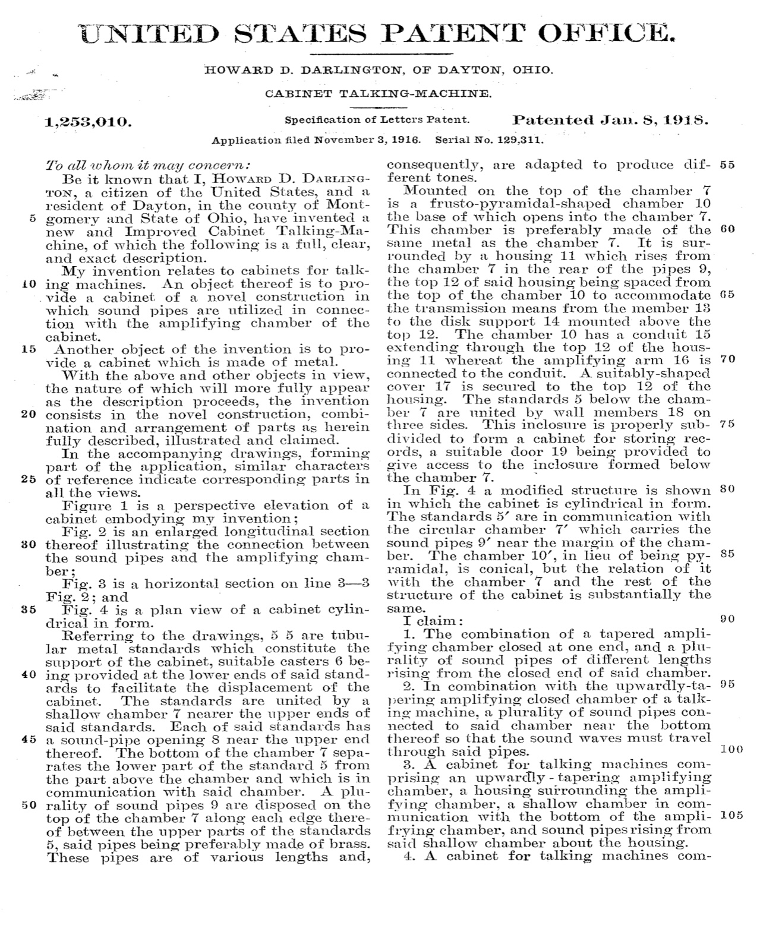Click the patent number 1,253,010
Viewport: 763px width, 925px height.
89,122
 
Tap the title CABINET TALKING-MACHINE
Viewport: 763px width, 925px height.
378,94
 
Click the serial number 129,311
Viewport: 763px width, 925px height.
520,141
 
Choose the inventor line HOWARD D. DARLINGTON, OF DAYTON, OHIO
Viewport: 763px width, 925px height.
379,70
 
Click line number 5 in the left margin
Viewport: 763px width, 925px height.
33,218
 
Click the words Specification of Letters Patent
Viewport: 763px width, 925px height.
377,119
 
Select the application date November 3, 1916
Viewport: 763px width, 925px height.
367,141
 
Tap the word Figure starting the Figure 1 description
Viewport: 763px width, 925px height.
87,506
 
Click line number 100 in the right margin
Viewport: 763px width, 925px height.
731,749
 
